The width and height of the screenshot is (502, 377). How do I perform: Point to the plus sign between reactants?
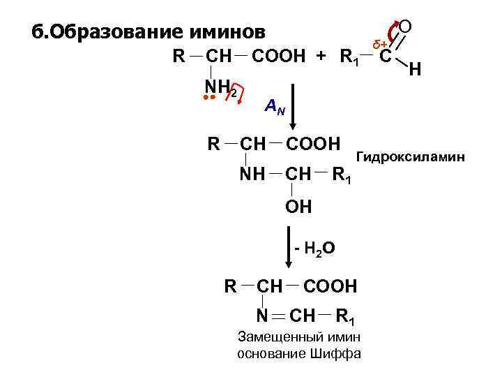click(x=321, y=57)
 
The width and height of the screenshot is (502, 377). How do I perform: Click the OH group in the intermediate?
click(x=298, y=207)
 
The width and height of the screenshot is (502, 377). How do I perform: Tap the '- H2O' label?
click(x=315, y=249)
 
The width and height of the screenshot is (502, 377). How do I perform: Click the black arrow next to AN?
click(x=293, y=105)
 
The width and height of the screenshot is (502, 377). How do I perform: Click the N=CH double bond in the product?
click(x=276, y=316)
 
